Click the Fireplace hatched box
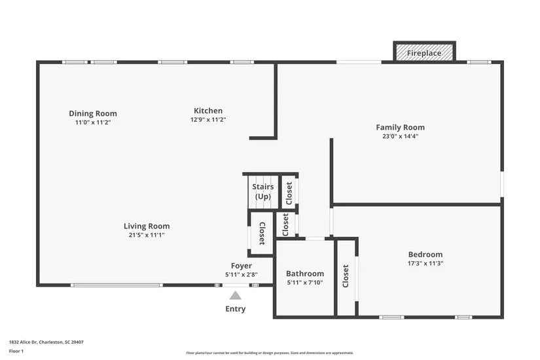coord(424,53)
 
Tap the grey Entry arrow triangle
coord(236,296)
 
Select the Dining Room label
coord(93,113)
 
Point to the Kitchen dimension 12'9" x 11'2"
coord(208,120)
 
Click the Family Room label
coord(400,128)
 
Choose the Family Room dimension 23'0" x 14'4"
coord(401,136)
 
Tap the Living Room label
coord(147,226)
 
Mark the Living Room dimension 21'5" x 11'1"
coord(147,235)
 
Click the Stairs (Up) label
coord(263,192)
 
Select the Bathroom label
coord(305,274)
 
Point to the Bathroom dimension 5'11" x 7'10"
coord(305,283)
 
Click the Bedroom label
coord(425,255)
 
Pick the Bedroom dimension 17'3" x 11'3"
coord(425,264)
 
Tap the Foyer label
coord(242,266)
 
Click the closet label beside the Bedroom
coord(346,276)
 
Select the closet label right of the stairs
coord(289,193)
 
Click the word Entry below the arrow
coord(236,309)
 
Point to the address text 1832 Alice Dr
coord(23,342)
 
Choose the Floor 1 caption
coord(16,351)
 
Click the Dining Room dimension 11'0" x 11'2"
coord(93,122)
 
